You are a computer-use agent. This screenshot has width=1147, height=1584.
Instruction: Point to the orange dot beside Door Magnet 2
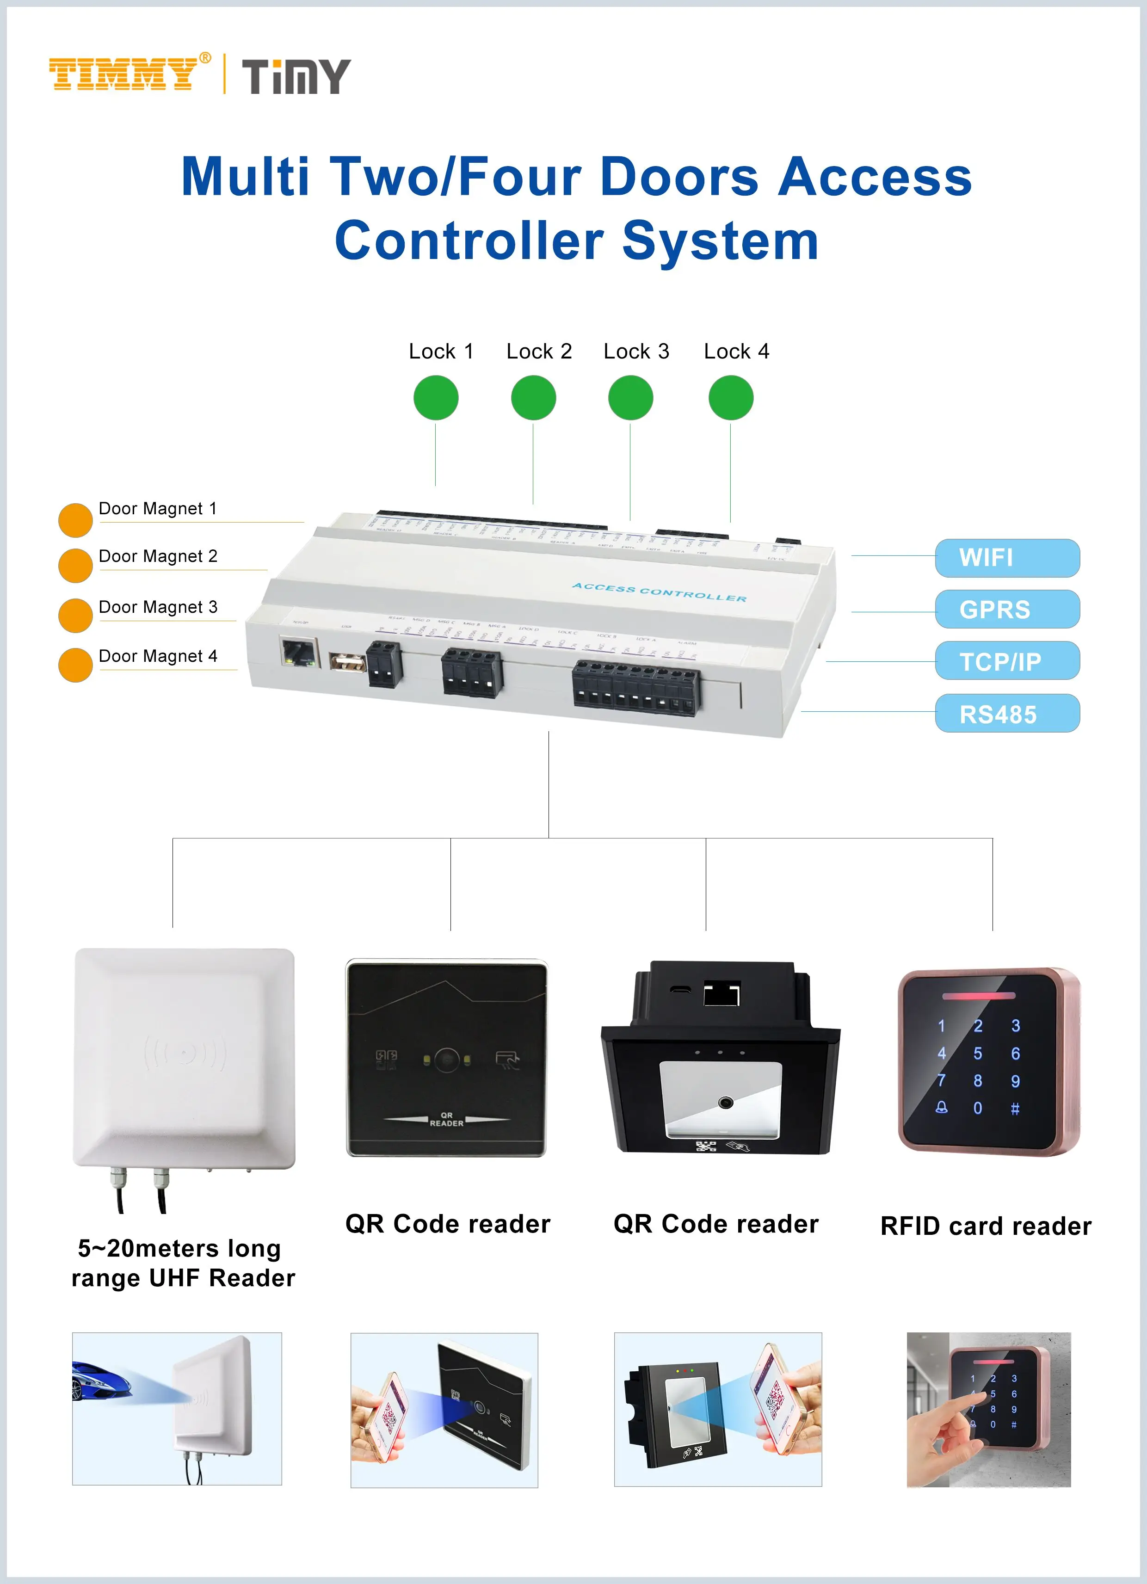pyautogui.click(x=75, y=565)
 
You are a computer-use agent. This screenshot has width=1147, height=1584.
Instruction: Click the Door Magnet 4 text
pyautogui.click(x=158, y=657)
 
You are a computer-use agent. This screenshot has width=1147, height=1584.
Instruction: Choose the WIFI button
pyautogui.click(x=1006, y=558)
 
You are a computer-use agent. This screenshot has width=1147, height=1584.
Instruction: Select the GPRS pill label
pyautogui.click(x=1006, y=609)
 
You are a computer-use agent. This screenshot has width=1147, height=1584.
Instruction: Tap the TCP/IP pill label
pyautogui.click(x=1006, y=661)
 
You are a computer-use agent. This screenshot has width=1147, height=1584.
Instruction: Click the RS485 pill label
pyautogui.click(x=1006, y=714)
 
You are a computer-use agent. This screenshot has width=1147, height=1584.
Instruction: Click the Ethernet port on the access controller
pyautogui.click(x=298, y=652)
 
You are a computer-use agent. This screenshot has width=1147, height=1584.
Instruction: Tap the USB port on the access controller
pyautogui.click(x=347, y=661)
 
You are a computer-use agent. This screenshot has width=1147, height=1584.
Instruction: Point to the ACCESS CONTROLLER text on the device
pyautogui.click(x=660, y=593)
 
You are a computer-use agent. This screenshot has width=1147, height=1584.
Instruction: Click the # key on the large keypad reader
pyautogui.click(x=1015, y=1109)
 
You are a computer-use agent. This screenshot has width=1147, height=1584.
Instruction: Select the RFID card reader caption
pyautogui.click(x=986, y=1227)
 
